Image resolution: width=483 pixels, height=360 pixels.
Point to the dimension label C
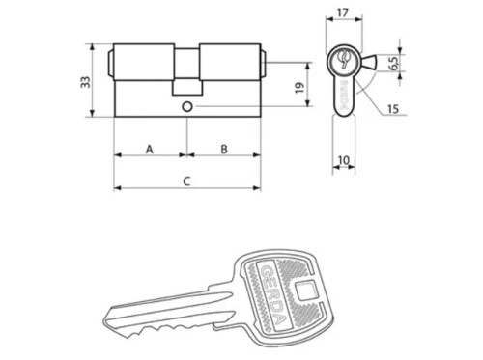[x=185, y=180]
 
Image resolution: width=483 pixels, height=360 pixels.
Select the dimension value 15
[x=391, y=110]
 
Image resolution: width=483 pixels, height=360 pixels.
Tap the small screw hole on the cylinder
[x=186, y=106]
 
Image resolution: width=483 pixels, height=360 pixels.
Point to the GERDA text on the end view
[x=345, y=97]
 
